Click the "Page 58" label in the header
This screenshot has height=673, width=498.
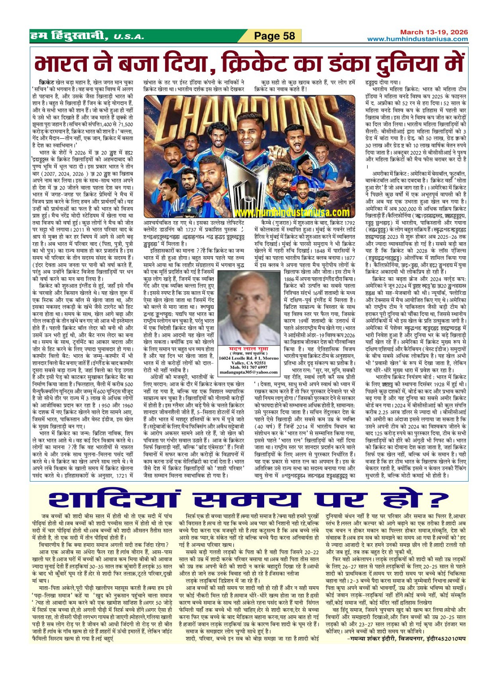click(x=275, y=36)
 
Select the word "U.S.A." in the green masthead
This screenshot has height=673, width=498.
click(x=128, y=37)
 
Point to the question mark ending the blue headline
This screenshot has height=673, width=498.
click(x=435, y=500)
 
